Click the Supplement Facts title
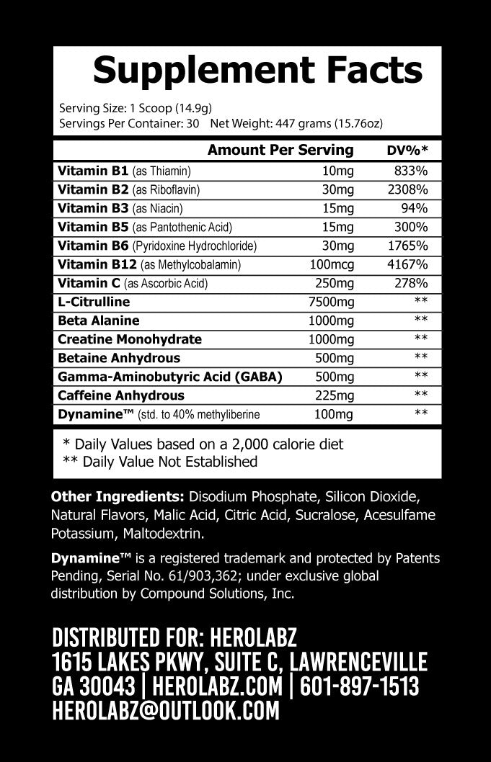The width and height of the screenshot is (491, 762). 257,71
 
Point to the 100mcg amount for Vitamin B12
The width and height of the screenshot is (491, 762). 329,264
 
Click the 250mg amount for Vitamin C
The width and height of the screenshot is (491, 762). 335,283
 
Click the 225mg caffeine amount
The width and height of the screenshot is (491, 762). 335,395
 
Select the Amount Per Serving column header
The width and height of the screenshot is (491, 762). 280,150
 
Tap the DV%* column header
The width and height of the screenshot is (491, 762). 408,151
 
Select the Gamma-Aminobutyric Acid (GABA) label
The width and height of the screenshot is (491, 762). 169,377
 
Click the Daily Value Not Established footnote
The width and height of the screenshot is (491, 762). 160,461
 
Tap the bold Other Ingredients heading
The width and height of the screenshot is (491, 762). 118,498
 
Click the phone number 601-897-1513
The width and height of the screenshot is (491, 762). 359,686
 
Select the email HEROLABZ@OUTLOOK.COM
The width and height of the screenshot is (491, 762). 166,712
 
